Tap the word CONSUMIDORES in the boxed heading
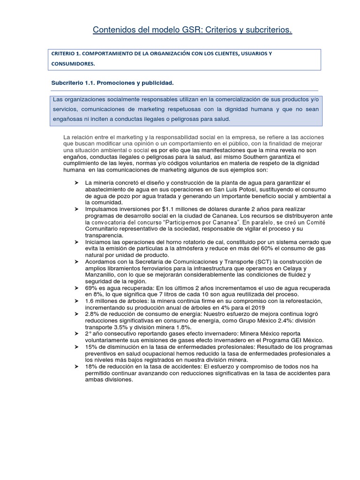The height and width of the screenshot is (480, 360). [73, 64]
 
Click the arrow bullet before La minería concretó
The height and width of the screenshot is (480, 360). [76, 182]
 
